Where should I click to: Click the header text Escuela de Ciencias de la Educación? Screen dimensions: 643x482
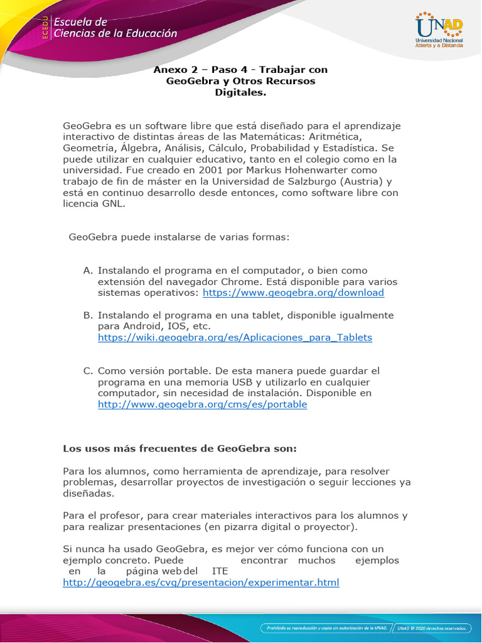(115, 28)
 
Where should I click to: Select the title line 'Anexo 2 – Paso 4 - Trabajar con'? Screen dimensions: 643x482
(240, 70)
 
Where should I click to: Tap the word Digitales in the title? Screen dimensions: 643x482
(240, 92)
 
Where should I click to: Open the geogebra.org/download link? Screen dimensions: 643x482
(294, 293)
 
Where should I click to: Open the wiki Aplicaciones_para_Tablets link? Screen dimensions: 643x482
(235, 337)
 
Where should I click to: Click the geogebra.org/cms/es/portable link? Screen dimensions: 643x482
(202, 404)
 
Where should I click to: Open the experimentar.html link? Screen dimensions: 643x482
(201, 583)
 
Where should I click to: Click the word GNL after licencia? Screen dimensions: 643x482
(113, 204)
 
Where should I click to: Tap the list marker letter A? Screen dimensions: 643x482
(87, 270)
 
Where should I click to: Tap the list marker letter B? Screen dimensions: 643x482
(87, 315)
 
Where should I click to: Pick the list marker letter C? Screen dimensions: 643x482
(87, 370)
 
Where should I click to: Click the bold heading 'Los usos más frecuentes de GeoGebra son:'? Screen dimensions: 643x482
(179, 449)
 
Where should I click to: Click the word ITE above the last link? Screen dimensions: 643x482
(220, 571)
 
